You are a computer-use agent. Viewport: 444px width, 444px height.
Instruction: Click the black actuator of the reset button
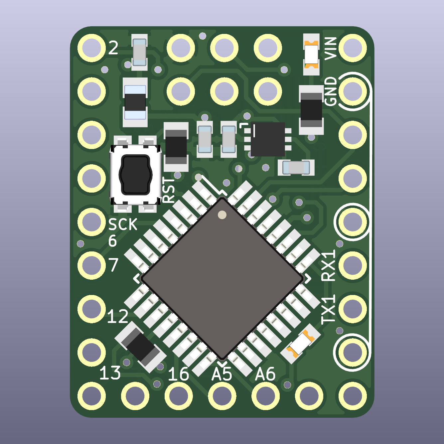(x=136, y=175)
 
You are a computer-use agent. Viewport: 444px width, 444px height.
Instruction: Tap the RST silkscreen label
(x=169, y=191)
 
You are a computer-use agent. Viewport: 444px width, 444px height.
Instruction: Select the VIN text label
(x=331, y=49)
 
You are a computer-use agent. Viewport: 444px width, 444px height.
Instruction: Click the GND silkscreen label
(x=331, y=91)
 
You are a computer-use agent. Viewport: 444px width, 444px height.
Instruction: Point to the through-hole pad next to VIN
(x=353, y=48)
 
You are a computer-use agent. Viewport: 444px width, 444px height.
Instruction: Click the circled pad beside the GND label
(x=353, y=91)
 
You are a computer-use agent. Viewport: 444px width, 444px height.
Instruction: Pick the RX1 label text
(x=329, y=266)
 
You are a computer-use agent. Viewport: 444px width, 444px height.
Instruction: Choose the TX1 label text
(x=329, y=309)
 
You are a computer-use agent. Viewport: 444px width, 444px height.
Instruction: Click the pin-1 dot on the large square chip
(x=222, y=215)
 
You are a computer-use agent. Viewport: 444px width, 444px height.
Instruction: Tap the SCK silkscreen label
(x=123, y=225)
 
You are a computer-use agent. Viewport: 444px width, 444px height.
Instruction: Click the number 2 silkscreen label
(x=113, y=48)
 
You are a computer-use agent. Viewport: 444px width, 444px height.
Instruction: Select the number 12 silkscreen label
(x=117, y=317)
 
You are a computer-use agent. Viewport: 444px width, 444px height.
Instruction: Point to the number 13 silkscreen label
(x=110, y=373)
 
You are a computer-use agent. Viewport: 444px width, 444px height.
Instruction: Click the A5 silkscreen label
(x=222, y=374)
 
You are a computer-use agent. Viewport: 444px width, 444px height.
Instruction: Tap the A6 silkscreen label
(x=265, y=374)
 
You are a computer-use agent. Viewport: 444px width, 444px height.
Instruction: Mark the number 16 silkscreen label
(x=178, y=374)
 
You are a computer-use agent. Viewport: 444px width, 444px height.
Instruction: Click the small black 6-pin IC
(x=268, y=139)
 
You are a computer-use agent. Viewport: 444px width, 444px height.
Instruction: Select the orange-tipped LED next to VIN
(x=312, y=55)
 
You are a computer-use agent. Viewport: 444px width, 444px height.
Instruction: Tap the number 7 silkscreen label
(x=113, y=265)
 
